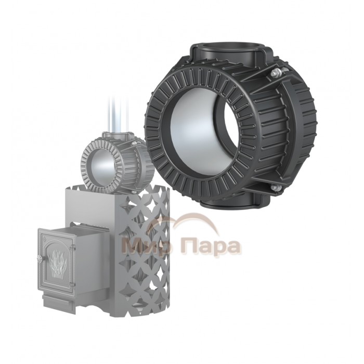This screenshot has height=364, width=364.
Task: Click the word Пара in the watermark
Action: click(211, 248)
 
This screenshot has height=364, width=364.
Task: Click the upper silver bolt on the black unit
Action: click(276, 73)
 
